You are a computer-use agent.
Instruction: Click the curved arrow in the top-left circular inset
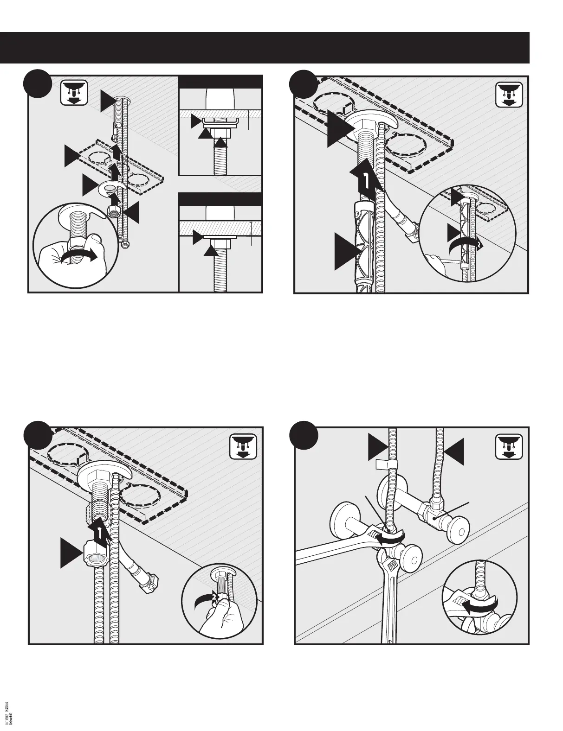tap(80, 256)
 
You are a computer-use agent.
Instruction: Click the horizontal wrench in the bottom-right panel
tap(339, 548)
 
